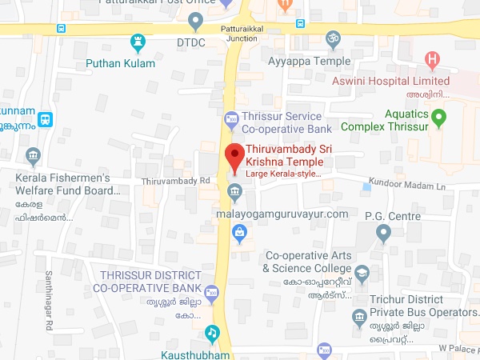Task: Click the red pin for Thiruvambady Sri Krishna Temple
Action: [234, 155]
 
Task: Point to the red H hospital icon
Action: [433, 59]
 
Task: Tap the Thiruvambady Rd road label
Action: [174, 182]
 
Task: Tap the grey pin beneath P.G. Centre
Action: [383, 234]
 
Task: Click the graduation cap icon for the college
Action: [362, 273]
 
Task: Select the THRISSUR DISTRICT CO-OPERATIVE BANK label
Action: [146, 280]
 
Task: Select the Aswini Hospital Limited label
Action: [391, 81]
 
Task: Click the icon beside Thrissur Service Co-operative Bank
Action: [231, 120]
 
